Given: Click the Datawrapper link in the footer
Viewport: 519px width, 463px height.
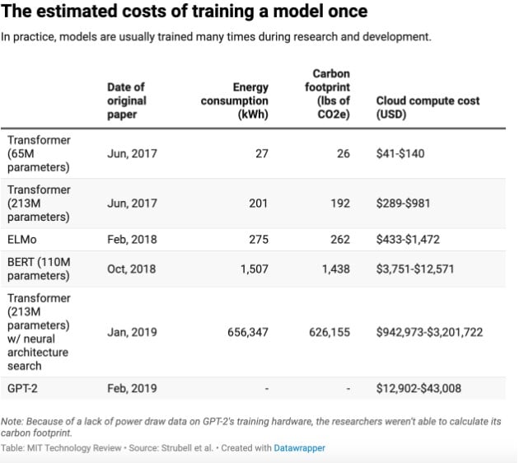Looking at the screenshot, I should coord(302,448).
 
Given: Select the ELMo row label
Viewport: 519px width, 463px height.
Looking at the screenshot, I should coord(25,239).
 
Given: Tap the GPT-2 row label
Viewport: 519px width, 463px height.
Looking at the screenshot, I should coord(25,387).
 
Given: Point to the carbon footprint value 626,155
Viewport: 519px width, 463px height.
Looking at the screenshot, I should coord(327,332).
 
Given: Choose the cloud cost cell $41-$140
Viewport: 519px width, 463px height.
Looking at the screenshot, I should coord(400,153).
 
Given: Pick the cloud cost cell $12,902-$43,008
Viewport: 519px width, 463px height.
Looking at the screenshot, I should coord(419,387).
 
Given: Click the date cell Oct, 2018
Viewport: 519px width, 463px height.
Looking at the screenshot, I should coord(132,269).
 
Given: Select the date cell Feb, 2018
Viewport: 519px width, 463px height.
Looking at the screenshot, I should coord(132,239).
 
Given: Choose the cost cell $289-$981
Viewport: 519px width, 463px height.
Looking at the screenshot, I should coord(403,203).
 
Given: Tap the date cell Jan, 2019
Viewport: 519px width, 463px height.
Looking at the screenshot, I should coord(132,332).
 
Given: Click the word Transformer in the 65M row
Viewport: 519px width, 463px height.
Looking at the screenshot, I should coord(39,140).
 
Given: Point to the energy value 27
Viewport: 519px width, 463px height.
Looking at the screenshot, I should coord(261,153).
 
